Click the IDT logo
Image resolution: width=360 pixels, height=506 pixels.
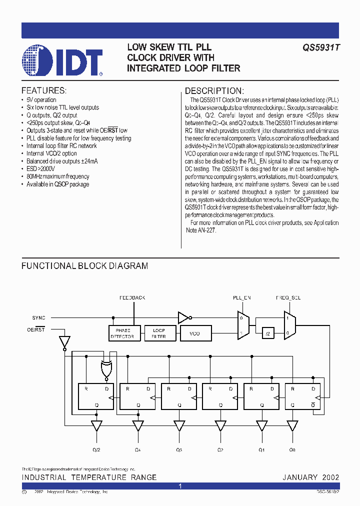(x=62, y=60)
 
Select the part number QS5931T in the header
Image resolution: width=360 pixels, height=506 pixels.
(x=320, y=47)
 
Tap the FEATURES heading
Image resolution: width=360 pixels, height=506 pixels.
(x=43, y=91)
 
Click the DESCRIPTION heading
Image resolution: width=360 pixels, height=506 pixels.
(x=214, y=91)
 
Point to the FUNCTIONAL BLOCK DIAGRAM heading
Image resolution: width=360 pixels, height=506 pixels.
(x=84, y=266)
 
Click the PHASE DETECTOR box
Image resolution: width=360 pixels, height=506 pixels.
(x=122, y=333)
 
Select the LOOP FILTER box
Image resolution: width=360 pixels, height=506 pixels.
(x=158, y=333)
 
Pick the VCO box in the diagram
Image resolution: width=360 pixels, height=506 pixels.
(x=195, y=333)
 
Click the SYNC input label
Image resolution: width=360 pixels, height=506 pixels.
(x=38, y=317)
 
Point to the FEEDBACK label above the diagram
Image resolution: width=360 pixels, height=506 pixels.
(x=132, y=297)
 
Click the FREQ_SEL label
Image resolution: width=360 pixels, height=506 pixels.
(x=288, y=297)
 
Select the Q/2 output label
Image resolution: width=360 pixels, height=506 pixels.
(x=96, y=450)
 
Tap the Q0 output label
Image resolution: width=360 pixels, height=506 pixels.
(x=292, y=450)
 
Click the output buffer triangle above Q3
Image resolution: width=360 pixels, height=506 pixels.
(x=178, y=425)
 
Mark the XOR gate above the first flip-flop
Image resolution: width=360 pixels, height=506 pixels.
(x=106, y=370)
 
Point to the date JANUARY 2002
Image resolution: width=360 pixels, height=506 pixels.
(x=310, y=477)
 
